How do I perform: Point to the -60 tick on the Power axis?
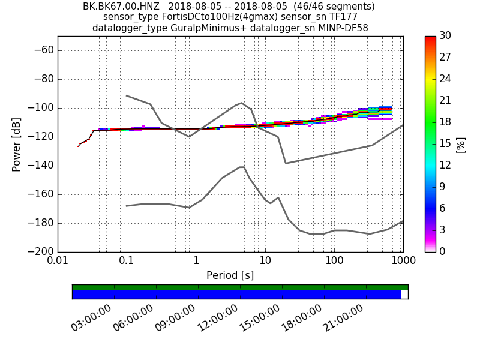pyautogui.click(x=44, y=50)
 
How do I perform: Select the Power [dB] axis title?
pyautogui.click(x=17, y=144)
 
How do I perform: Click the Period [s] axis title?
pyautogui.click(x=230, y=275)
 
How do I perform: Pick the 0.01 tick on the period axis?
pyautogui.click(x=58, y=262)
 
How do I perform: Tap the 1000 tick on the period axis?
pyautogui.click(x=403, y=262)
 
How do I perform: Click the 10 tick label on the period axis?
pyautogui.click(x=265, y=262)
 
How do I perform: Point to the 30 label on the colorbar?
pyautogui.click(x=446, y=37)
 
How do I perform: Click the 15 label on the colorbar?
pyautogui.click(x=446, y=144)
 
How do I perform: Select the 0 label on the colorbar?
pyautogui.click(x=443, y=251)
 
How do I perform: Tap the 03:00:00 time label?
pyautogui.click(x=92, y=317)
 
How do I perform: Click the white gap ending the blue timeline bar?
pyautogui.click(x=404, y=295)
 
